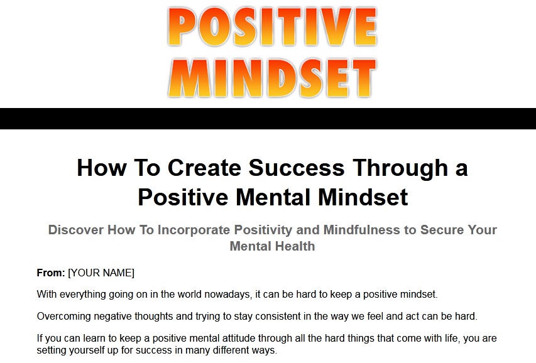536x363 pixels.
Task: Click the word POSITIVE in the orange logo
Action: [273, 27]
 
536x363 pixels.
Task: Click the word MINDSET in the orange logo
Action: [273, 79]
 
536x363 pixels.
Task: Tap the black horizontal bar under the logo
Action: [268, 119]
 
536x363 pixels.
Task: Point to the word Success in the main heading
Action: [297, 168]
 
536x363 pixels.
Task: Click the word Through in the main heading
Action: [400, 168]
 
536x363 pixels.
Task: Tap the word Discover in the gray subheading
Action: [76, 230]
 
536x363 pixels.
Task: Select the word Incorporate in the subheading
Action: [194, 230]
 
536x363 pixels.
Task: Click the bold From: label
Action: [51, 273]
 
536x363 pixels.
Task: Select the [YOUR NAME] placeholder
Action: [101, 273]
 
